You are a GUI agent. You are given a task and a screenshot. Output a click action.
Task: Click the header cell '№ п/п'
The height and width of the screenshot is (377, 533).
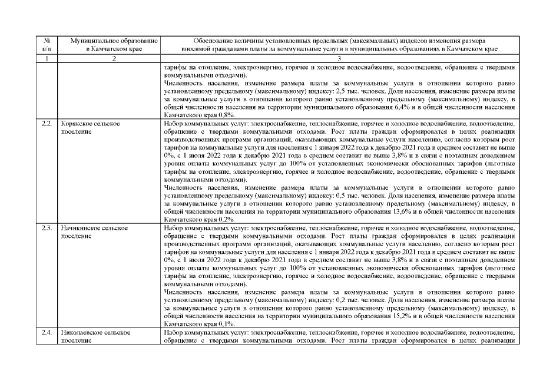[x=47, y=46]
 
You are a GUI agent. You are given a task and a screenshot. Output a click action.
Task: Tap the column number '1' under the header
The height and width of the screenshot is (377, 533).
[x=47, y=59]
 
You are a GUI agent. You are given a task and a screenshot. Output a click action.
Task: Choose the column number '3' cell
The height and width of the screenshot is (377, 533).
[x=339, y=59]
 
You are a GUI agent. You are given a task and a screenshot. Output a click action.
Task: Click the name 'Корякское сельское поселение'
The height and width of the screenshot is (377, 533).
[x=91, y=129]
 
